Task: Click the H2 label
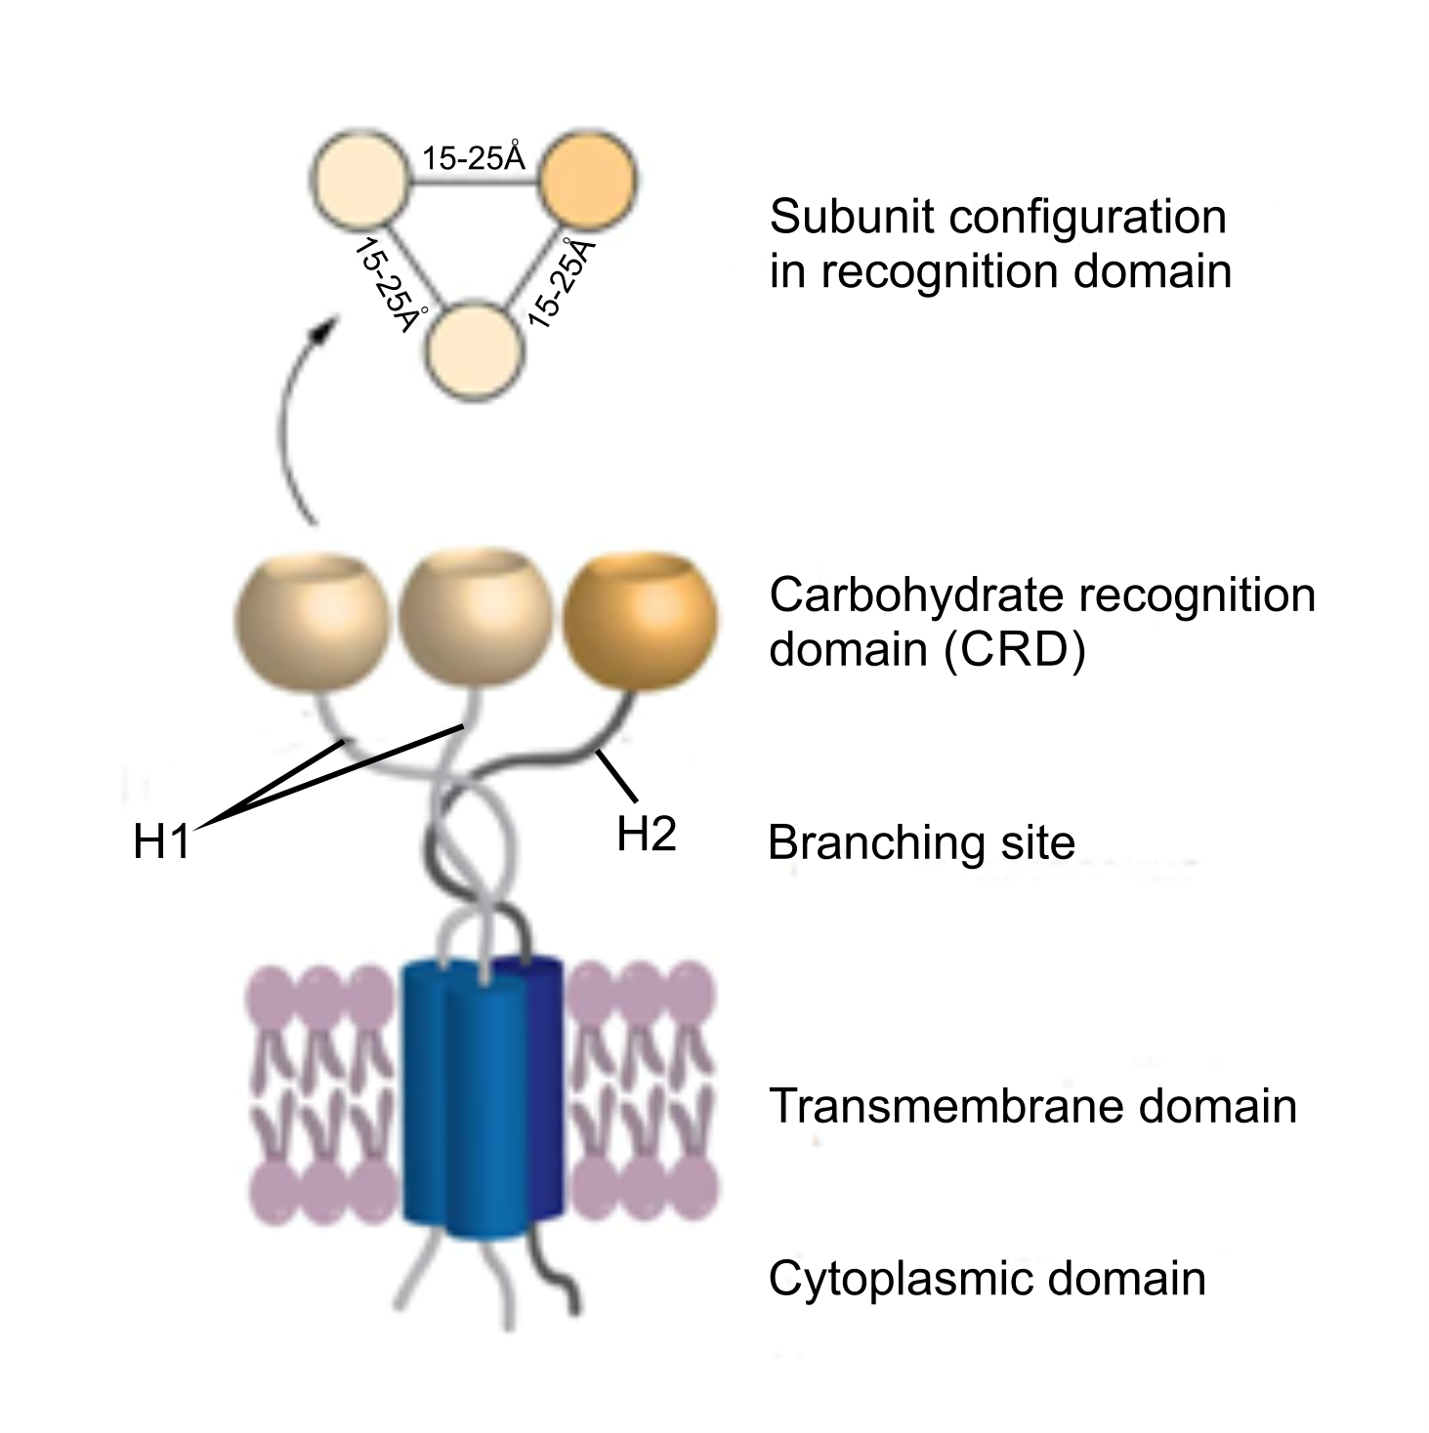click(647, 834)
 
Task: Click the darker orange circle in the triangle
click(587, 180)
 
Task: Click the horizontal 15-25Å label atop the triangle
click(474, 157)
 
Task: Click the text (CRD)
click(1015, 649)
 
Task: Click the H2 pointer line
click(617, 776)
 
